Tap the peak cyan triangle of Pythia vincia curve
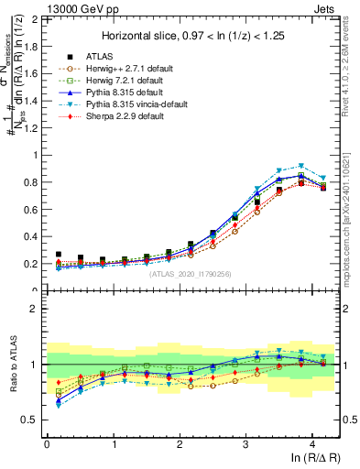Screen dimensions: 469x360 [300, 166]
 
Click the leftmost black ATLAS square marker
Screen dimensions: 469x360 [59, 255]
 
